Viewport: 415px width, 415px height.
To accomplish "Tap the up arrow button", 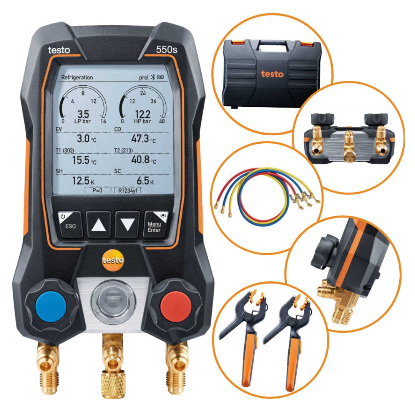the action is (98, 225).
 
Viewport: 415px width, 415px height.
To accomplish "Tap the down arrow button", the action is (127, 225).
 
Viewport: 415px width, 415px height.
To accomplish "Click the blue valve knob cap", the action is (51, 307).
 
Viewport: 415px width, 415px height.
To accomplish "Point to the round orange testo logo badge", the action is (113, 261).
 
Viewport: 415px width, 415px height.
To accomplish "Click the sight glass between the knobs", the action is (113, 301).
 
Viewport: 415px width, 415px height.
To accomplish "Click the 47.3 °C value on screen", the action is (144, 138).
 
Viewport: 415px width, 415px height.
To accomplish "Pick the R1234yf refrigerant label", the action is (128, 191).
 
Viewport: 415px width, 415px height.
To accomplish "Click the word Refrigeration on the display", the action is (77, 77).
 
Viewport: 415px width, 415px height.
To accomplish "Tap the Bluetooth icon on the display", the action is (153, 77).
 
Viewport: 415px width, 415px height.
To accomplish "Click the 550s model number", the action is (166, 50).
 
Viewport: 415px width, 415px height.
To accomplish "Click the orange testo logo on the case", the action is (272, 74).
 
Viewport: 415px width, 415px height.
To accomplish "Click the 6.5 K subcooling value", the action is (145, 181).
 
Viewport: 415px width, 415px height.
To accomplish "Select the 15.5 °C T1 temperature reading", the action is (85, 160).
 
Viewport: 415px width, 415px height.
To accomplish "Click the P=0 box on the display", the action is (97, 190).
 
